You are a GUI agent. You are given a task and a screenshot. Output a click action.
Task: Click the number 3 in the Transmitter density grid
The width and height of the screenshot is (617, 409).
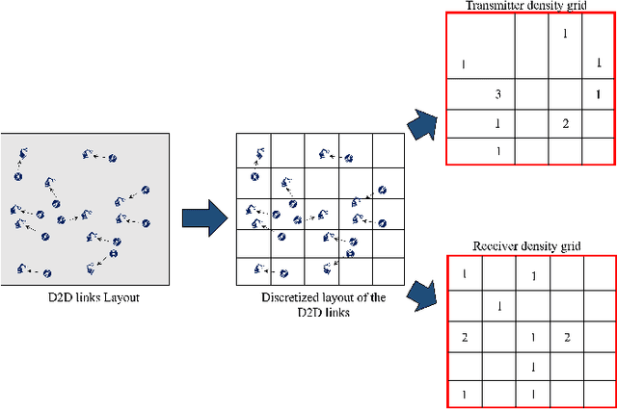pos(497,95)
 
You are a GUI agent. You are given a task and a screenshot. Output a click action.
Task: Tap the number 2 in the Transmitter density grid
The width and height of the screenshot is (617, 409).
pos(565,123)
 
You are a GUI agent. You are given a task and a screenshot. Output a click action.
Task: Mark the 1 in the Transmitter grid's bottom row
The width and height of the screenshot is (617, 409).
pos(497,151)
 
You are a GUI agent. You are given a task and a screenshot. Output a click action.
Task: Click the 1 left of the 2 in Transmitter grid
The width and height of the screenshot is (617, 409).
pos(497,123)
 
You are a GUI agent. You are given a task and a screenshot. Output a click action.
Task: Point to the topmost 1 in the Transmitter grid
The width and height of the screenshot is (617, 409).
pos(565,35)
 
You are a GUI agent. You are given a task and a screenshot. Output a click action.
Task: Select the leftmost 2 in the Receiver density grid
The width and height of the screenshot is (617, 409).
pos(465,337)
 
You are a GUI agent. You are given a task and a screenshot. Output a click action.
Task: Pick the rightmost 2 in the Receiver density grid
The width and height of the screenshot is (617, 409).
pos(567,337)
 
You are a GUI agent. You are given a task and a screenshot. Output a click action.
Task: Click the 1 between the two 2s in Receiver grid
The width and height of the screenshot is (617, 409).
pos(533,337)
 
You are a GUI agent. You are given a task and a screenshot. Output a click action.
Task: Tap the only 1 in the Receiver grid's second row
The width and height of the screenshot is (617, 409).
pos(498,307)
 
